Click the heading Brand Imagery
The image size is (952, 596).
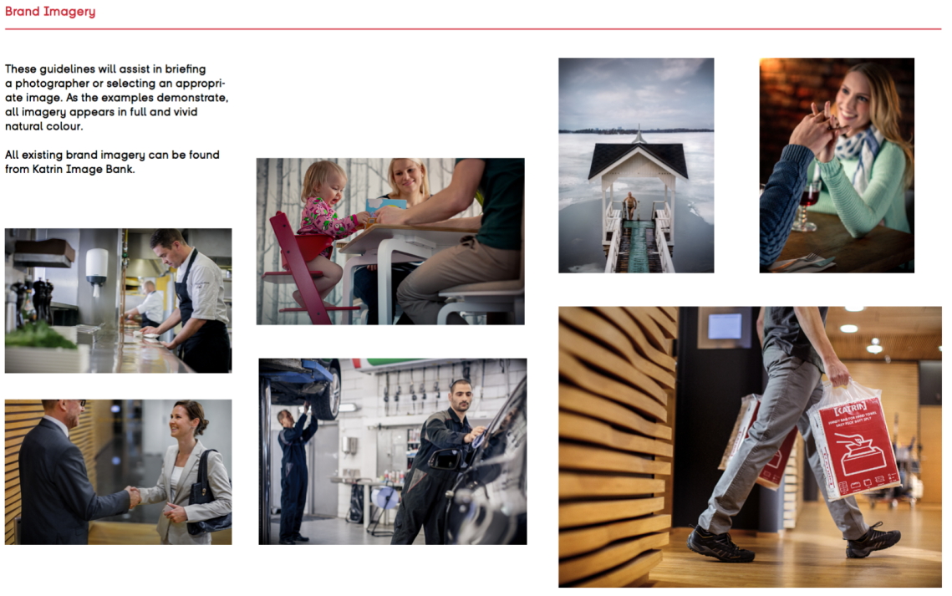(x=50, y=12)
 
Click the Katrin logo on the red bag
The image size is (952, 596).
(x=849, y=413)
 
